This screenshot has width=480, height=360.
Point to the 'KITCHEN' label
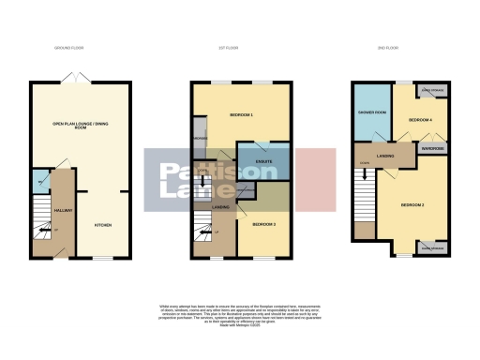coord(103,225)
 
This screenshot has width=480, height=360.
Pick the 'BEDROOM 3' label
coord(262,225)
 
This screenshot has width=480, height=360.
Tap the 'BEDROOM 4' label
coord(420,121)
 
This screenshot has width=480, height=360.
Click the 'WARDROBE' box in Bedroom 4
coord(431,148)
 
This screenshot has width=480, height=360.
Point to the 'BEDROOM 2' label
coord(413,203)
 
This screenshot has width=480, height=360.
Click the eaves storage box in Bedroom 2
coord(434,247)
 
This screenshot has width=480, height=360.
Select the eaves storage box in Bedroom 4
coord(432,90)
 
